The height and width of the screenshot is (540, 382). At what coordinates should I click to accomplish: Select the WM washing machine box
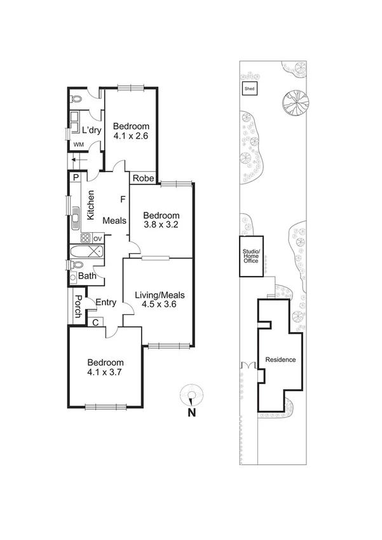[78, 145]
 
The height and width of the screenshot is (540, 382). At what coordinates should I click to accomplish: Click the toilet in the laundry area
[77, 99]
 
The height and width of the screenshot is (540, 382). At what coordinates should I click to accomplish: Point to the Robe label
[143, 179]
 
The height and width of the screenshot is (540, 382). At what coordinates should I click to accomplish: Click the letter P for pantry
[75, 178]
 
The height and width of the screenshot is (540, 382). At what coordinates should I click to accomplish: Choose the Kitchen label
[91, 205]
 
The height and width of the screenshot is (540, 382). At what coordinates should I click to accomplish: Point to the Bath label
[87, 276]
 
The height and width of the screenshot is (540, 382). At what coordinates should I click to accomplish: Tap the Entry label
[106, 303]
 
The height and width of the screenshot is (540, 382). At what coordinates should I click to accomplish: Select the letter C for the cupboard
[95, 322]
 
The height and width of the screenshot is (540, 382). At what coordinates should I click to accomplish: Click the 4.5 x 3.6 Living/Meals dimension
[159, 304]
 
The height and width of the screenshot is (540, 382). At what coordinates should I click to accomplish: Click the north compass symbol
[191, 396]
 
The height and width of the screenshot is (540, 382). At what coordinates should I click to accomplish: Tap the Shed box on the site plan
[250, 89]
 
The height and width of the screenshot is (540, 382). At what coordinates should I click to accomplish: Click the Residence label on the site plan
[280, 360]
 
